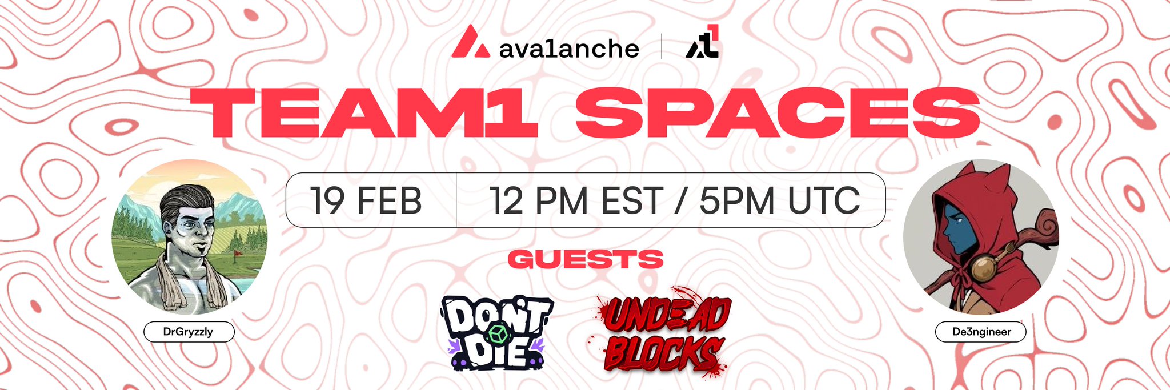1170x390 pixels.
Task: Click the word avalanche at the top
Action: (x=569, y=49)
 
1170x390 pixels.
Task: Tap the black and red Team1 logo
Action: (x=702, y=42)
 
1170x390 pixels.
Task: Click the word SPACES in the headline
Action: (x=778, y=112)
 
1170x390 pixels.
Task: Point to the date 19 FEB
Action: (x=366, y=200)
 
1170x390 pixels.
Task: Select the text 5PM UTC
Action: (x=779, y=200)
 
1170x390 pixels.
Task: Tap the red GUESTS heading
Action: (x=586, y=260)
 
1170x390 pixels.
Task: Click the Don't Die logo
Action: (x=495, y=333)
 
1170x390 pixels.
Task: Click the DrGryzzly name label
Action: (x=189, y=332)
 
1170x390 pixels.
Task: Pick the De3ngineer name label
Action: (x=981, y=332)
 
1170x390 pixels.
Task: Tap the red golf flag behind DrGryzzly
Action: (x=237, y=252)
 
